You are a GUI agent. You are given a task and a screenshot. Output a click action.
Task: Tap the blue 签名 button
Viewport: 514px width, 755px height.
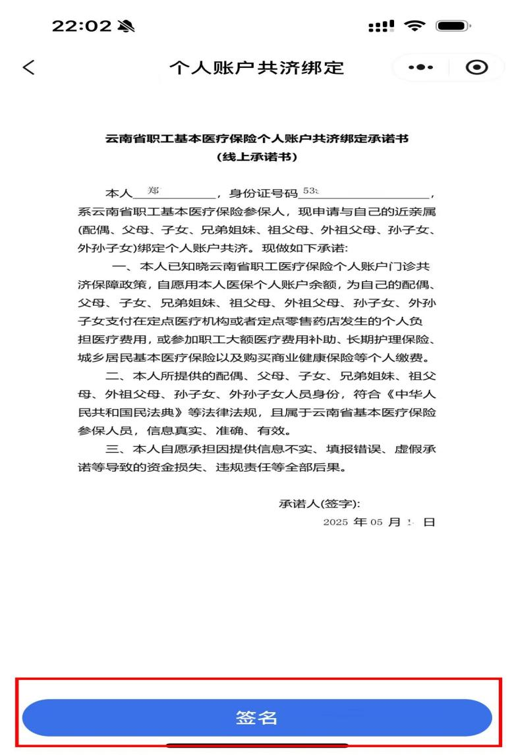point(257,717)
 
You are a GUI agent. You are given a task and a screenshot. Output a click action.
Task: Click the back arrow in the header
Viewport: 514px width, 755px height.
point(28,67)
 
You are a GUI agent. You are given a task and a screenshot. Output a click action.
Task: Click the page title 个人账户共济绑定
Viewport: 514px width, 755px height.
point(257,68)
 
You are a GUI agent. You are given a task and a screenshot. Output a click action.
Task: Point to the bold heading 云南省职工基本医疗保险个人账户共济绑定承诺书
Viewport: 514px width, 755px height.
point(257,139)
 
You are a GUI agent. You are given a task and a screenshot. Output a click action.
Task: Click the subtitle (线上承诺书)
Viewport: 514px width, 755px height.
point(257,157)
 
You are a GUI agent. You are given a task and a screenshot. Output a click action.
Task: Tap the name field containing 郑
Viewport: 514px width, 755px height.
point(174,193)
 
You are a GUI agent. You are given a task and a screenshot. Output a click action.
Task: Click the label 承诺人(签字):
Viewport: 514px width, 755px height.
point(320,504)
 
